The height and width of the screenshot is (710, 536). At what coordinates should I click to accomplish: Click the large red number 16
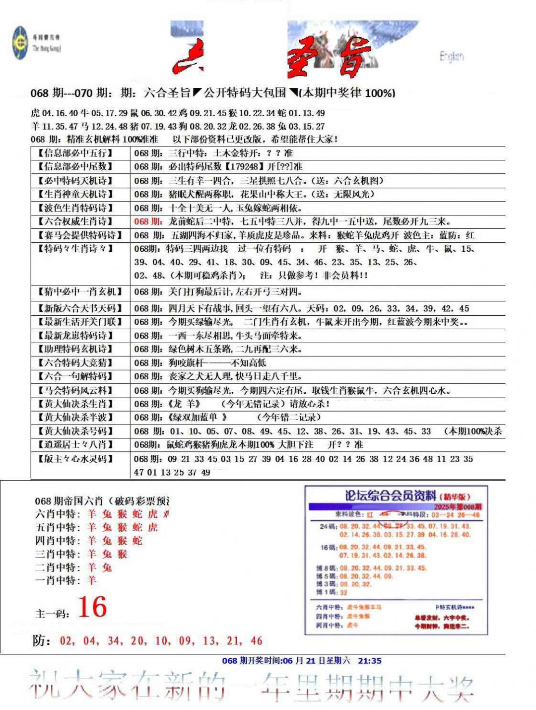pyautogui.click(x=92, y=607)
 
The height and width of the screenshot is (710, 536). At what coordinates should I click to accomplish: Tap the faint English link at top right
pyautogui.click(x=451, y=57)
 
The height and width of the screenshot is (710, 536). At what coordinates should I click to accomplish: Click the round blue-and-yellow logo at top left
pyautogui.click(x=20, y=43)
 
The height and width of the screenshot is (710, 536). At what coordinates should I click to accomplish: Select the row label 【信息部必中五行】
pyautogui.click(x=75, y=153)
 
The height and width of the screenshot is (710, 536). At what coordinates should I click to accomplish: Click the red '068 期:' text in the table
pyautogui.click(x=148, y=221)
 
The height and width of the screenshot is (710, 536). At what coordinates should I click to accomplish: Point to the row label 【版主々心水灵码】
pyautogui.click(x=75, y=459)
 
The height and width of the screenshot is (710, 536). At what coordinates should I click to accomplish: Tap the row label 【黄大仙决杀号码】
pyautogui.click(x=75, y=431)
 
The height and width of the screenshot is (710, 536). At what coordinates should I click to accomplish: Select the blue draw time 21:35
pyautogui.click(x=370, y=660)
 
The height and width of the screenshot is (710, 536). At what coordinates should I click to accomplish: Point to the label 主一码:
pyautogui.click(x=52, y=614)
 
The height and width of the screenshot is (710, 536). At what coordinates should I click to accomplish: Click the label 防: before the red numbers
pyautogui.click(x=42, y=641)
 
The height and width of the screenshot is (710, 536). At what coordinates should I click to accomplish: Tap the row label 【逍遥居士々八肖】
pyautogui.click(x=75, y=444)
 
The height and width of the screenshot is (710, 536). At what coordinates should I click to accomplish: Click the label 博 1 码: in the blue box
pyautogui.click(x=327, y=592)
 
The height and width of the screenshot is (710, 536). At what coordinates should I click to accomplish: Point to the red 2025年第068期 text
pyautogui.click(x=458, y=507)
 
